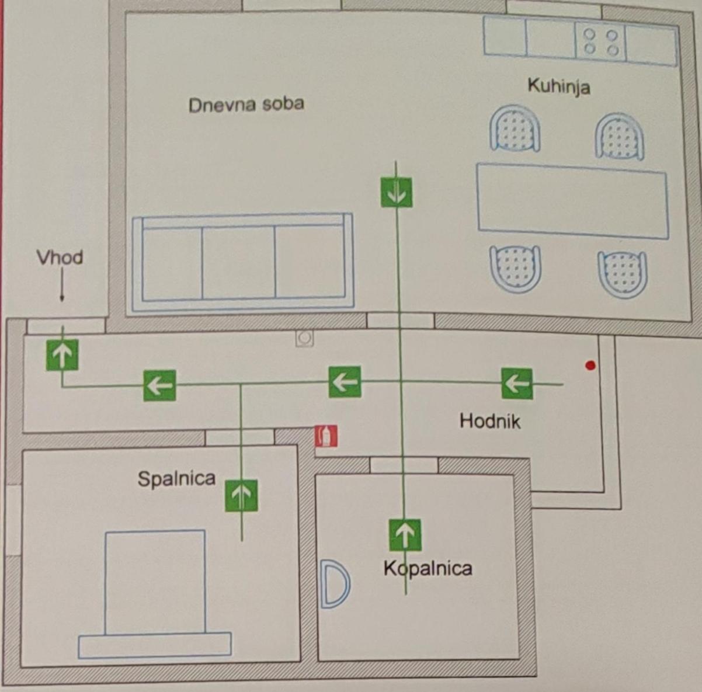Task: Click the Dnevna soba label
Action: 246,105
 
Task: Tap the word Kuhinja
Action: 559,87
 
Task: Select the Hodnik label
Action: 490,421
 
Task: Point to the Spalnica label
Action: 177,478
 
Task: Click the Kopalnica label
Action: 428,568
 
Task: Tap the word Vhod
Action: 60,258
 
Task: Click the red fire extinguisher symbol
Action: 326,436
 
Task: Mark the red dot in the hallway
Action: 590,365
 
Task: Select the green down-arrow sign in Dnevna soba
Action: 397,192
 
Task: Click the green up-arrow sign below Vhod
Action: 62,355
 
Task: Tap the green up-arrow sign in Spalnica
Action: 242,496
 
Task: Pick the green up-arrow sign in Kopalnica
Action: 405,535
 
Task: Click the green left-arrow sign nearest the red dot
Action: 517,383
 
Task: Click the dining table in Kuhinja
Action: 573,201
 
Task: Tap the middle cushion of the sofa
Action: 239,262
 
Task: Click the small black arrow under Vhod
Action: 62,285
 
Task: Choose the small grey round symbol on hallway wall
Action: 304,339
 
